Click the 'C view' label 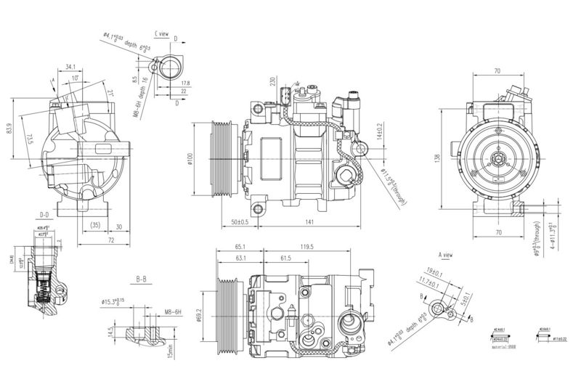coord(161,34)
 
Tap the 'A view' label coord(446,256)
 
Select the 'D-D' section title coord(44,216)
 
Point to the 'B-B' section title coord(142,278)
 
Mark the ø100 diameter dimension coord(189,158)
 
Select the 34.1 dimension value coord(70,68)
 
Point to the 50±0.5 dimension coord(239,221)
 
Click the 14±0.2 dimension coord(378,133)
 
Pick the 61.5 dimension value coord(285,258)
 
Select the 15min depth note coord(170,351)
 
